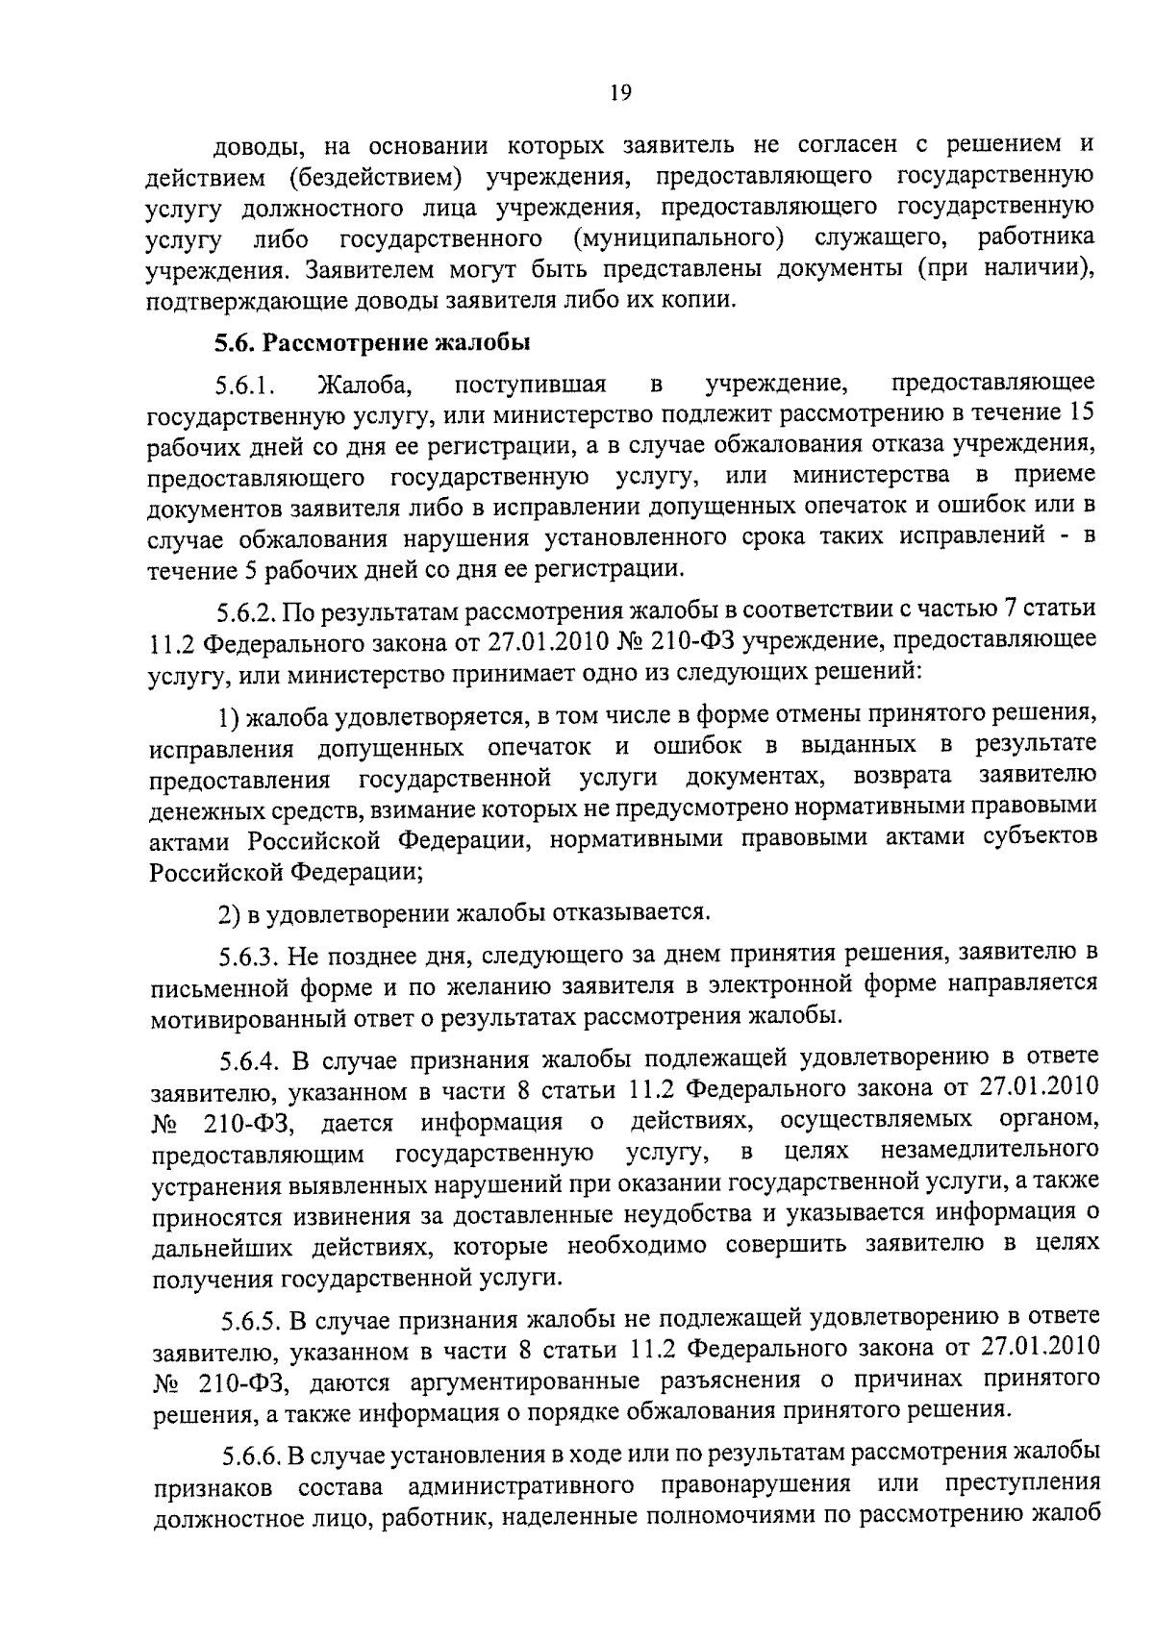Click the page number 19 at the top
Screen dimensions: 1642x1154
coord(619,92)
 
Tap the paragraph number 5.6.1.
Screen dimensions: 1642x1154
coord(245,387)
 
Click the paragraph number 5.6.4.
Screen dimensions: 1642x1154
coord(252,1062)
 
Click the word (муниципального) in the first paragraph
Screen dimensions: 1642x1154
coord(677,237)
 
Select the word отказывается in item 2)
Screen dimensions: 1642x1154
coord(640,909)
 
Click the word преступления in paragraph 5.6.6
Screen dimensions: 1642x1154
coord(1022,1485)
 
